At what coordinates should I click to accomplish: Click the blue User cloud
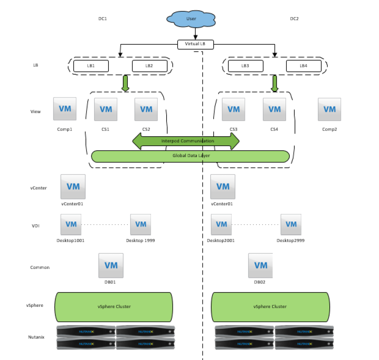click(x=191, y=19)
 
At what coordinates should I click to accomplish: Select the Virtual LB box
click(x=195, y=44)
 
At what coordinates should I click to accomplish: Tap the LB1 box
click(x=91, y=66)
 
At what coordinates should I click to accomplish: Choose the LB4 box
click(x=303, y=66)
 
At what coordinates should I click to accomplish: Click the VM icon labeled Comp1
click(x=65, y=109)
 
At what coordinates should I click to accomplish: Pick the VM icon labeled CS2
click(x=146, y=109)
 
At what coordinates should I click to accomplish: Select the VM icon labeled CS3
click(x=233, y=109)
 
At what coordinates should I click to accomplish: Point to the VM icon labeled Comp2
click(x=329, y=109)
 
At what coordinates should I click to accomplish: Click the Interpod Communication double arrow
click(x=186, y=141)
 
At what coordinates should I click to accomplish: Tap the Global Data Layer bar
click(x=190, y=156)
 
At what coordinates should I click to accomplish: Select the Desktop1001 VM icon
click(x=71, y=224)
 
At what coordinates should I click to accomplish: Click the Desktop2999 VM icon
click(x=291, y=224)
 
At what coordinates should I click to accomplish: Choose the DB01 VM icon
click(x=111, y=265)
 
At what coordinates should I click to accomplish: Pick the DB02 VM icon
click(x=261, y=265)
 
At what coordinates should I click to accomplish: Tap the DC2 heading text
click(x=294, y=18)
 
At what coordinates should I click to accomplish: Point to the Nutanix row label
click(x=36, y=337)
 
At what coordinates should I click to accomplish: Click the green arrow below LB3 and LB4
click(x=275, y=83)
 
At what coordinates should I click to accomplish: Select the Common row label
click(x=40, y=267)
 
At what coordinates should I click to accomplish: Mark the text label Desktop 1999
click(x=140, y=240)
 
